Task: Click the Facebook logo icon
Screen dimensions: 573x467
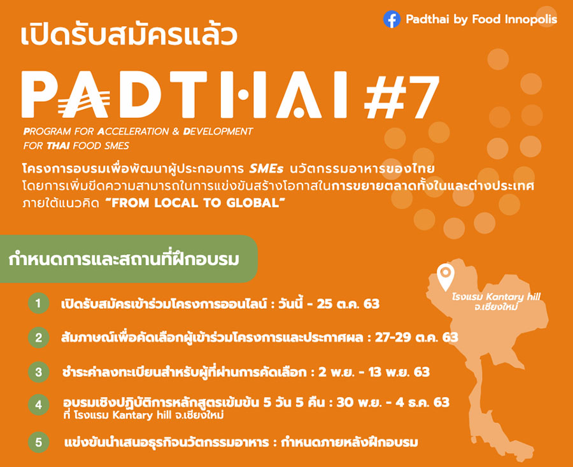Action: tap(392, 19)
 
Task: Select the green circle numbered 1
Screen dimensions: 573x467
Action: tap(38, 303)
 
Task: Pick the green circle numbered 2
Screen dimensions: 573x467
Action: tap(38, 337)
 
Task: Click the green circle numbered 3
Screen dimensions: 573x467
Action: tap(38, 372)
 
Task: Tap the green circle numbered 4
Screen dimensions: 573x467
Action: tap(38, 405)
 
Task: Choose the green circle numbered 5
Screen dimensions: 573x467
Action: tap(38, 442)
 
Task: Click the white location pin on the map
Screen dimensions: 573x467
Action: tap(446, 277)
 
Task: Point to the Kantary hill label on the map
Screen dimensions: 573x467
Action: tap(496, 302)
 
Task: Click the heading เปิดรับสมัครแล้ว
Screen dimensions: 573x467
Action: tap(129, 35)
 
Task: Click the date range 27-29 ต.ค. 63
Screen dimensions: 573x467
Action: tap(416, 337)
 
